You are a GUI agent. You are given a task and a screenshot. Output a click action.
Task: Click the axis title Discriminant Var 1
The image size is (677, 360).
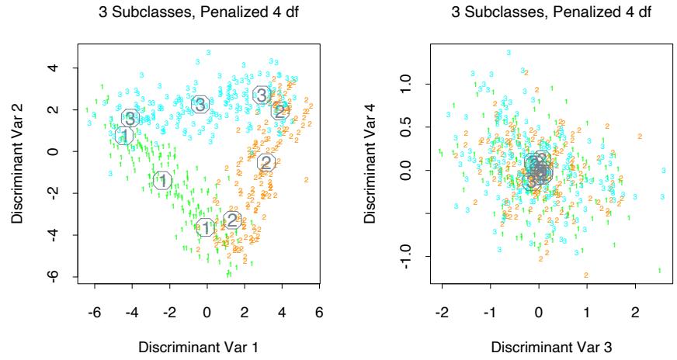point(206,345)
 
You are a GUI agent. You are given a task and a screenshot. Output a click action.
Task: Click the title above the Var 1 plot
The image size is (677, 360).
point(206,12)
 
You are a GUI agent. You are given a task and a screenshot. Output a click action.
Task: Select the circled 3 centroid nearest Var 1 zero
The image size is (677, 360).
point(200,105)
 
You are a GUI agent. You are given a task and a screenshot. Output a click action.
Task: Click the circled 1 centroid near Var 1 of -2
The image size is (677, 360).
point(162,181)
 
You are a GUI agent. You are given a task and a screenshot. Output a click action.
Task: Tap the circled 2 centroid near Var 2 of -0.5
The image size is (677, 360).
point(266,163)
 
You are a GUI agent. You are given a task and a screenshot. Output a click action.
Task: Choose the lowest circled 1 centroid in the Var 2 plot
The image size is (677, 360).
point(205,227)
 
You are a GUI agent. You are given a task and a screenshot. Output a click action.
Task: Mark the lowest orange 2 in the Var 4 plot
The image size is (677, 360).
point(585,275)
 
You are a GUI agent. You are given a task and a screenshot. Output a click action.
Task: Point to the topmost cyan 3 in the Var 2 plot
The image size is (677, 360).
point(207,52)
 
